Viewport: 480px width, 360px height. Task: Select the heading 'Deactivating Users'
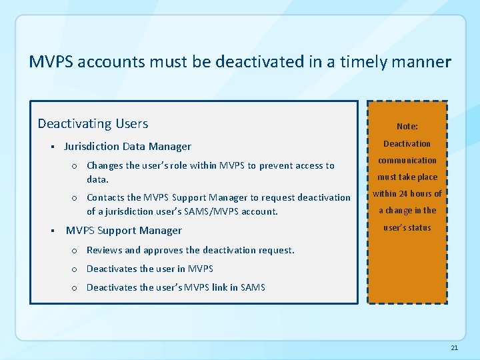coord(93,123)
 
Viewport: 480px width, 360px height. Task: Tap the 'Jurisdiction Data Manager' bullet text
coord(127,147)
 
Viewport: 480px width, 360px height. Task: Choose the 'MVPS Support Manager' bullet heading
coord(123,231)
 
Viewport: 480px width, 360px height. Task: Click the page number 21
coord(455,348)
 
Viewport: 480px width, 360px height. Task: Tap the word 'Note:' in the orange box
coord(407,126)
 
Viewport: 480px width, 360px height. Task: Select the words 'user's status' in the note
coord(407,227)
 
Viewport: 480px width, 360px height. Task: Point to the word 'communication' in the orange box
coord(407,160)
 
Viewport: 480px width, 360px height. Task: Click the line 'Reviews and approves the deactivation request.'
coord(190,250)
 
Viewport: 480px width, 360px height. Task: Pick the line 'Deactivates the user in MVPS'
coord(149,269)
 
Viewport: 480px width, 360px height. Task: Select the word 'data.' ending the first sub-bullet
coord(97,179)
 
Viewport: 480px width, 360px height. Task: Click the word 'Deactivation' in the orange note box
coord(407,143)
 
